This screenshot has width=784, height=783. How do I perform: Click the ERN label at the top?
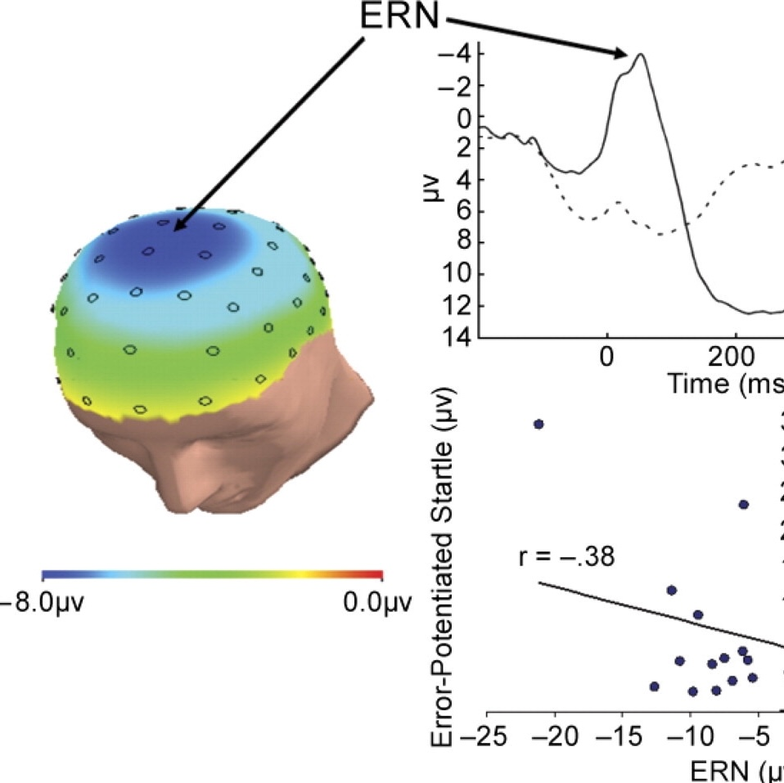pos(399,19)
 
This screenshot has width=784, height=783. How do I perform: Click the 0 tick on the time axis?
pos(606,358)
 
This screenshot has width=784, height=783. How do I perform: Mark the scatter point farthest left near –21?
pos(538,424)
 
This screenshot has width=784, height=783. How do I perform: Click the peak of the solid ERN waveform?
pos(641,55)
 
